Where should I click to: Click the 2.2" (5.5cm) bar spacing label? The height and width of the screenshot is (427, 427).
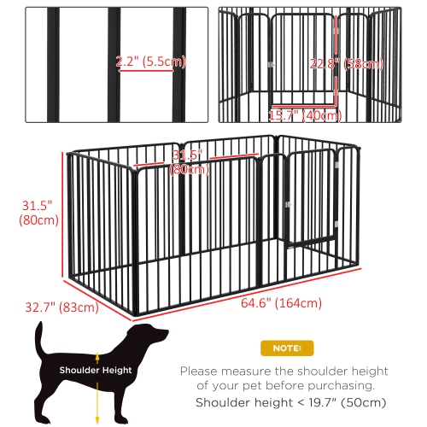[x=149, y=61]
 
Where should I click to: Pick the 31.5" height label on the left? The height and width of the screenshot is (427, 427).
[x=36, y=205]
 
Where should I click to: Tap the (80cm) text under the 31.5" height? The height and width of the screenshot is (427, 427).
[x=37, y=220]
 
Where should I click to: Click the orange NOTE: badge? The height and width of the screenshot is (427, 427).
[x=286, y=348]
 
